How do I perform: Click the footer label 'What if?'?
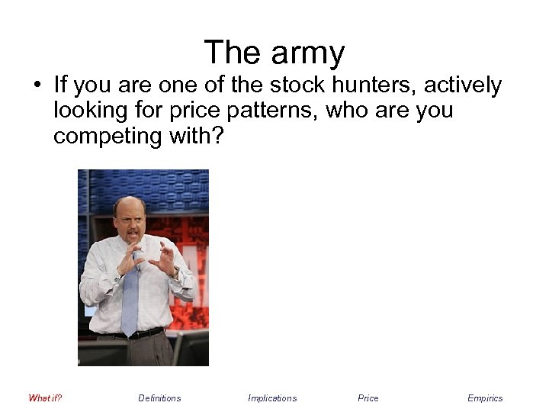click(x=45, y=398)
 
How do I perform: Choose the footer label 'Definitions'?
click(x=159, y=398)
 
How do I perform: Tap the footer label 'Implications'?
click(x=272, y=398)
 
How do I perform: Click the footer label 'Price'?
click(x=368, y=398)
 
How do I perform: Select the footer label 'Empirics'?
click(x=485, y=398)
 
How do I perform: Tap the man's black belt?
click(x=137, y=334)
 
